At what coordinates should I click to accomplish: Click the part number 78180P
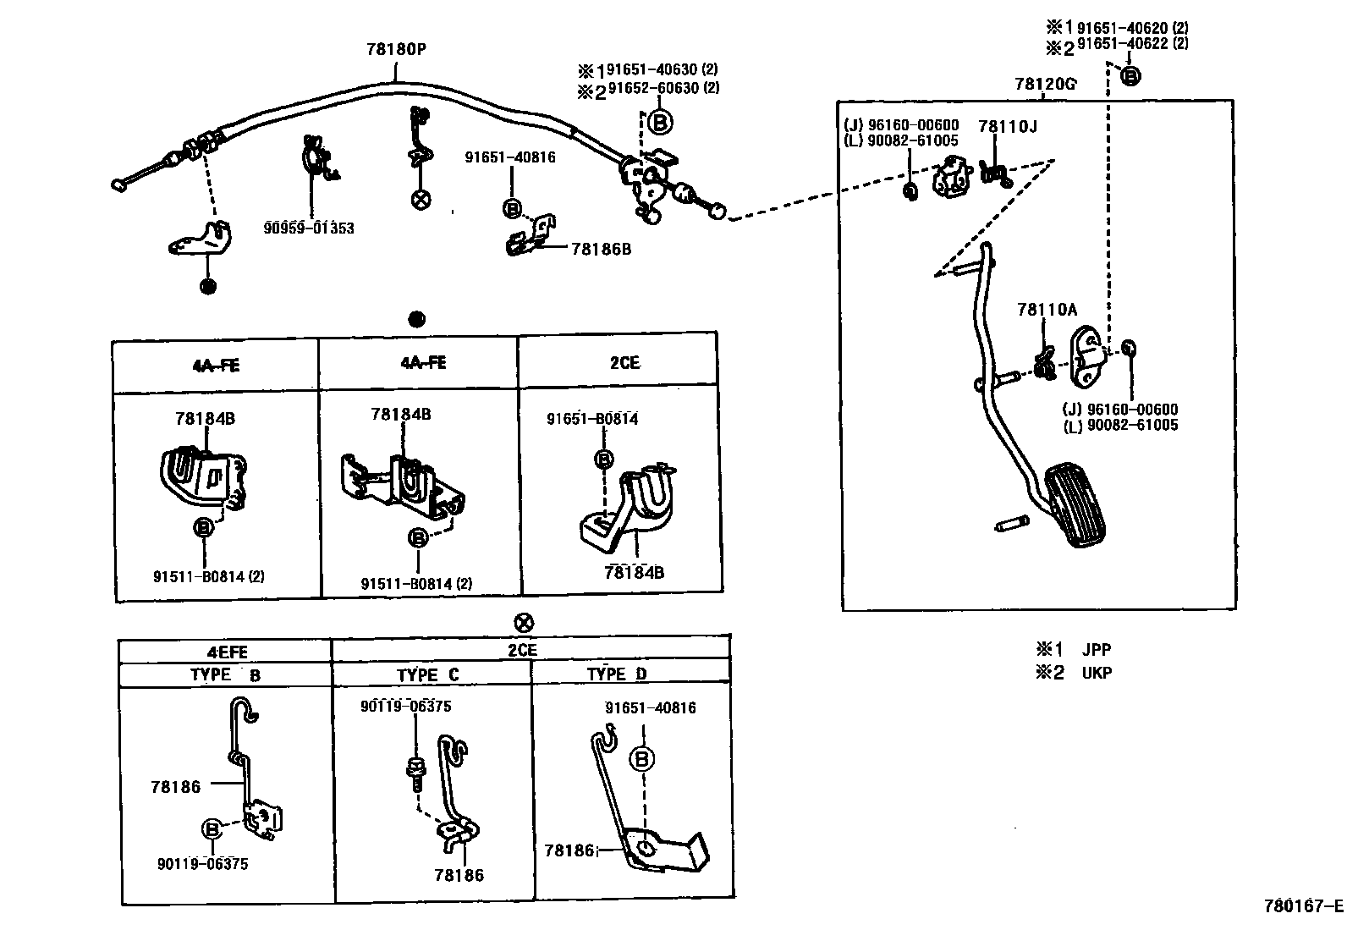396,49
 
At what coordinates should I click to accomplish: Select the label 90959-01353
308,228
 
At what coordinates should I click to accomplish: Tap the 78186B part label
602,249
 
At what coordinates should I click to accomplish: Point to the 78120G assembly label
1045,84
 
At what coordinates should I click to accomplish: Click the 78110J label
1007,127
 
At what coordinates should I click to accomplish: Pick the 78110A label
1047,310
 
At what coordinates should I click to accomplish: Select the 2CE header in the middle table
624,363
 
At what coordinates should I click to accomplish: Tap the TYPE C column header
428,674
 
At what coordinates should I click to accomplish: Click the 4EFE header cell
226,652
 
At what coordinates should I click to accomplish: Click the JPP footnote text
1096,650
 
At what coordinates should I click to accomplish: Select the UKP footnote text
1097,673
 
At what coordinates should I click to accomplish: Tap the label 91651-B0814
592,419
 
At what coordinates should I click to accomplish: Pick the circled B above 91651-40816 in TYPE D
642,759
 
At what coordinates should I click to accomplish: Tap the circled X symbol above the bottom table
525,624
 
